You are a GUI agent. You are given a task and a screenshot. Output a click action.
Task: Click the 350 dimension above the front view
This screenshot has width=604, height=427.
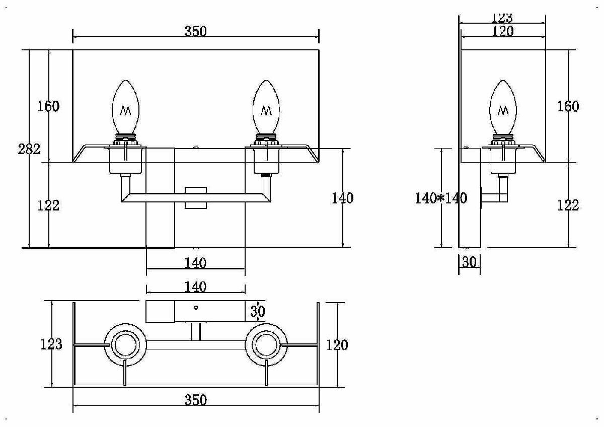[x=195, y=31]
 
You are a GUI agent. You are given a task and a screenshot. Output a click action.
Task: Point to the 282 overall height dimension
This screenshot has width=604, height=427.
[x=29, y=149]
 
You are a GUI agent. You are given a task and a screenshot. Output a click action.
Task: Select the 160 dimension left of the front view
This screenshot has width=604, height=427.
[x=49, y=107]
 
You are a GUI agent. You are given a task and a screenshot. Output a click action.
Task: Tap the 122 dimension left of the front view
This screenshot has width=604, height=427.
[x=49, y=205]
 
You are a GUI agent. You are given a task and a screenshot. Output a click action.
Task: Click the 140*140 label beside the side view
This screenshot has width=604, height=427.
[x=441, y=198]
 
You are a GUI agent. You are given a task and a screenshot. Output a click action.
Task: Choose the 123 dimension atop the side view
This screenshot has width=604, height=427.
[x=502, y=18]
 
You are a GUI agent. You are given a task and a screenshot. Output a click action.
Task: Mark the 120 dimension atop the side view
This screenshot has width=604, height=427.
[x=502, y=31]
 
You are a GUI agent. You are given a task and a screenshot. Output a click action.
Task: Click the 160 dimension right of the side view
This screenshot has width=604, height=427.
[x=568, y=107]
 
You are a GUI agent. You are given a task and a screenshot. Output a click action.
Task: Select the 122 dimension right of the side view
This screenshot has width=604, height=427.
[x=568, y=205]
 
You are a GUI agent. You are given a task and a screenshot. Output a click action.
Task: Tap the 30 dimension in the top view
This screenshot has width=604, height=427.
[x=257, y=312]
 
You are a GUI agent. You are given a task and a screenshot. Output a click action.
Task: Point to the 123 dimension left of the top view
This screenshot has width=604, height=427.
[x=51, y=344]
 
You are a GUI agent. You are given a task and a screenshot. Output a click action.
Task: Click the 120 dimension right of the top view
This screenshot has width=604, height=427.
[x=337, y=345]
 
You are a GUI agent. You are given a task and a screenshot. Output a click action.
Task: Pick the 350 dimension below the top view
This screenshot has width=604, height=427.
[x=195, y=400]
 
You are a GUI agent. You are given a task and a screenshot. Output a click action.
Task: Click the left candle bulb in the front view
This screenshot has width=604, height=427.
[x=125, y=107]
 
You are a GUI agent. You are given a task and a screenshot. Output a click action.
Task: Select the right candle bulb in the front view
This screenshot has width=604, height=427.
[x=266, y=107]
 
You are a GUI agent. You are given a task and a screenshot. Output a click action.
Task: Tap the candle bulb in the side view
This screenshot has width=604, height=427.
[x=503, y=108]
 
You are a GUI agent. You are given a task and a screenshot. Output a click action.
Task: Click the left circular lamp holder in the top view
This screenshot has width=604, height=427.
[x=125, y=345]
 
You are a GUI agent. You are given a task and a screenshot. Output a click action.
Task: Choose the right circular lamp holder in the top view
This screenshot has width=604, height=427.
[x=266, y=345]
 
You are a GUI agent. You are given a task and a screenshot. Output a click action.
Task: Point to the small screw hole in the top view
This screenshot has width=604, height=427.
[x=196, y=307]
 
